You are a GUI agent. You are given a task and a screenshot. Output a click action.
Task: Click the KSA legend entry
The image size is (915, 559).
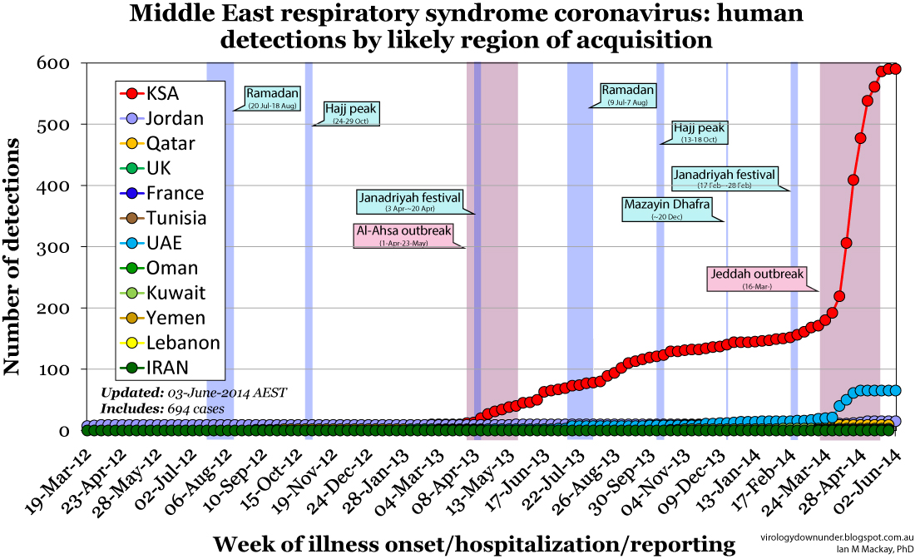[x=162, y=93]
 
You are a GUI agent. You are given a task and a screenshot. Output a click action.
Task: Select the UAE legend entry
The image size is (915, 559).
[x=162, y=243]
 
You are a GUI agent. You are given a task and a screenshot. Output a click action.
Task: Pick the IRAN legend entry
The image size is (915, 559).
[x=162, y=368]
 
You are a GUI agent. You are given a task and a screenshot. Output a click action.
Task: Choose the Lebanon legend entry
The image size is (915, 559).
[x=171, y=343]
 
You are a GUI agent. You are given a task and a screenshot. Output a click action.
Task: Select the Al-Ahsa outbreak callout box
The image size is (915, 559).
[x=403, y=235]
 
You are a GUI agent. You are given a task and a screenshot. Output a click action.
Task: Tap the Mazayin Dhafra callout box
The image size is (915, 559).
[x=667, y=209]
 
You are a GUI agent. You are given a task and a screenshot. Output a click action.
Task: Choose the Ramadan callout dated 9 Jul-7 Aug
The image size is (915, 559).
[x=628, y=95]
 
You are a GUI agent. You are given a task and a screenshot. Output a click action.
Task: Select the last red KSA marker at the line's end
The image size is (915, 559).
[x=895, y=70]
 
